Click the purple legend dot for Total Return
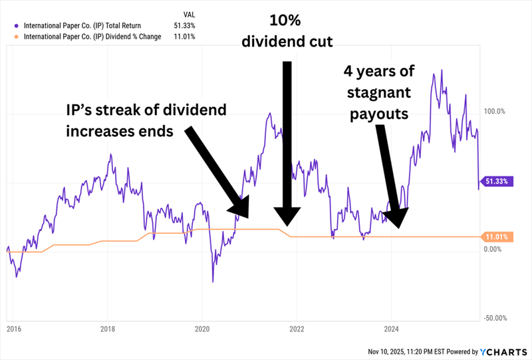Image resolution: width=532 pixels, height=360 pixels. tap(15, 26)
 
